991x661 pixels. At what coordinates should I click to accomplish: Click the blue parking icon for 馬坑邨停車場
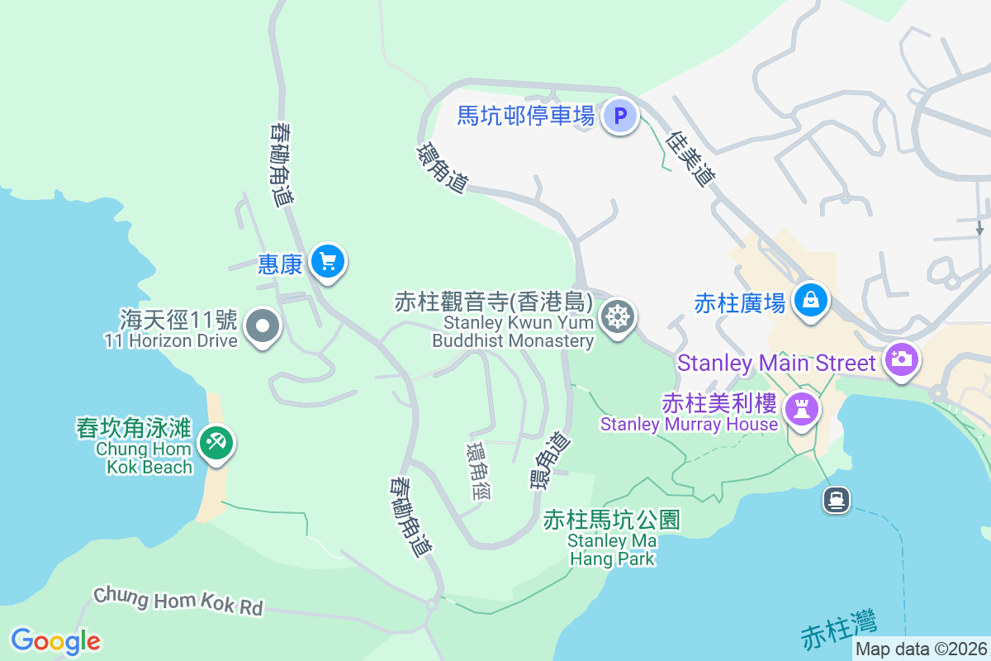(619, 116)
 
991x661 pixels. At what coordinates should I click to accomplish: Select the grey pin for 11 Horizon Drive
(263, 327)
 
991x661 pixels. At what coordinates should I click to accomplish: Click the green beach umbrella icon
(216, 443)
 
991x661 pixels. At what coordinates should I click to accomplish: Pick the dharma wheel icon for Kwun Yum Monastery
(617, 316)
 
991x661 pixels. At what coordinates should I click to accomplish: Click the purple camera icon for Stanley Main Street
(901, 359)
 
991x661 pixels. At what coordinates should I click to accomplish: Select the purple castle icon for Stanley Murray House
(800, 408)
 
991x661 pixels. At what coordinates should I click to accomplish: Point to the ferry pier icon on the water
(837, 498)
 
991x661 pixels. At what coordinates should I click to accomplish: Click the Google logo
(55, 641)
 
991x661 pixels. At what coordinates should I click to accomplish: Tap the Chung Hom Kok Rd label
(178, 601)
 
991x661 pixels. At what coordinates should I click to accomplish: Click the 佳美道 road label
(691, 159)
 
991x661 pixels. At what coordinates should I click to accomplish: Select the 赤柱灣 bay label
(838, 630)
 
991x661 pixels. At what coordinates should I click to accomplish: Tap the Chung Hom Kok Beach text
(145, 449)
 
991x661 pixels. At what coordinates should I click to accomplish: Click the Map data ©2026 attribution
(921, 649)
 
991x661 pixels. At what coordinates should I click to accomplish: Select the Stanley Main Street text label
(776, 363)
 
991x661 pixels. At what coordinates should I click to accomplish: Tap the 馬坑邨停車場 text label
(526, 116)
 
